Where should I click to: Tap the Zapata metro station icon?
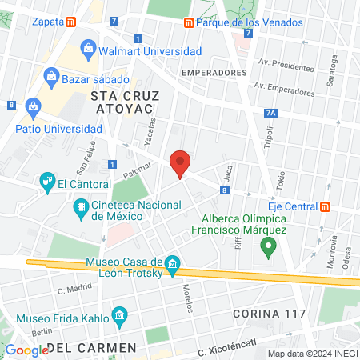click(x=72, y=22)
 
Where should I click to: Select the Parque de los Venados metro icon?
click(x=189, y=22)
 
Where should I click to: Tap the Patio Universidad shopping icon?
click(x=34, y=106)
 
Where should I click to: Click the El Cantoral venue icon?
click(x=46, y=183)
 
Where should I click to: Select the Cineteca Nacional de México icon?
click(x=81, y=210)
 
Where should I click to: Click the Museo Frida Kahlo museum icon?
click(x=120, y=314)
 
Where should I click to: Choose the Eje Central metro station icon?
click(x=325, y=206)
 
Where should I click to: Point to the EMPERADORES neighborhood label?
click(x=214, y=72)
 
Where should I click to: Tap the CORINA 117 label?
click(x=270, y=313)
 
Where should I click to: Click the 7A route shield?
click(x=270, y=114)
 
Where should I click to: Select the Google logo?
click(x=27, y=350)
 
